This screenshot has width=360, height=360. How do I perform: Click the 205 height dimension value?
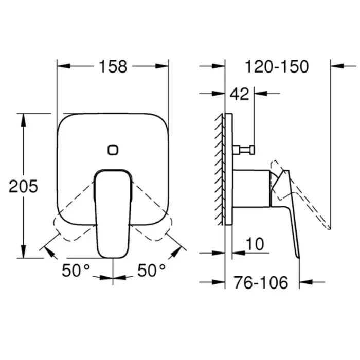(x=23, y=186)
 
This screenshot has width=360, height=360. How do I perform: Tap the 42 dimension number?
(x=239, y=94)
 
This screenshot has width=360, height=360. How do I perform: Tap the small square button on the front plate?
(x=113, y=150)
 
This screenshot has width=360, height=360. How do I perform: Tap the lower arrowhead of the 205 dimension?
(x=23, y=253)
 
